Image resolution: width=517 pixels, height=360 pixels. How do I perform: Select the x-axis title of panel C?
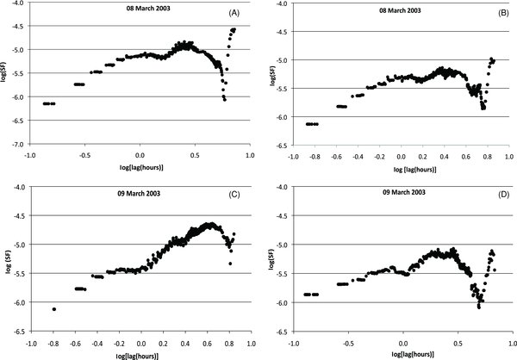tap(140, 352)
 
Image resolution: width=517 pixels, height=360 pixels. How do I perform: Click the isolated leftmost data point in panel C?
tap(54, 309)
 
